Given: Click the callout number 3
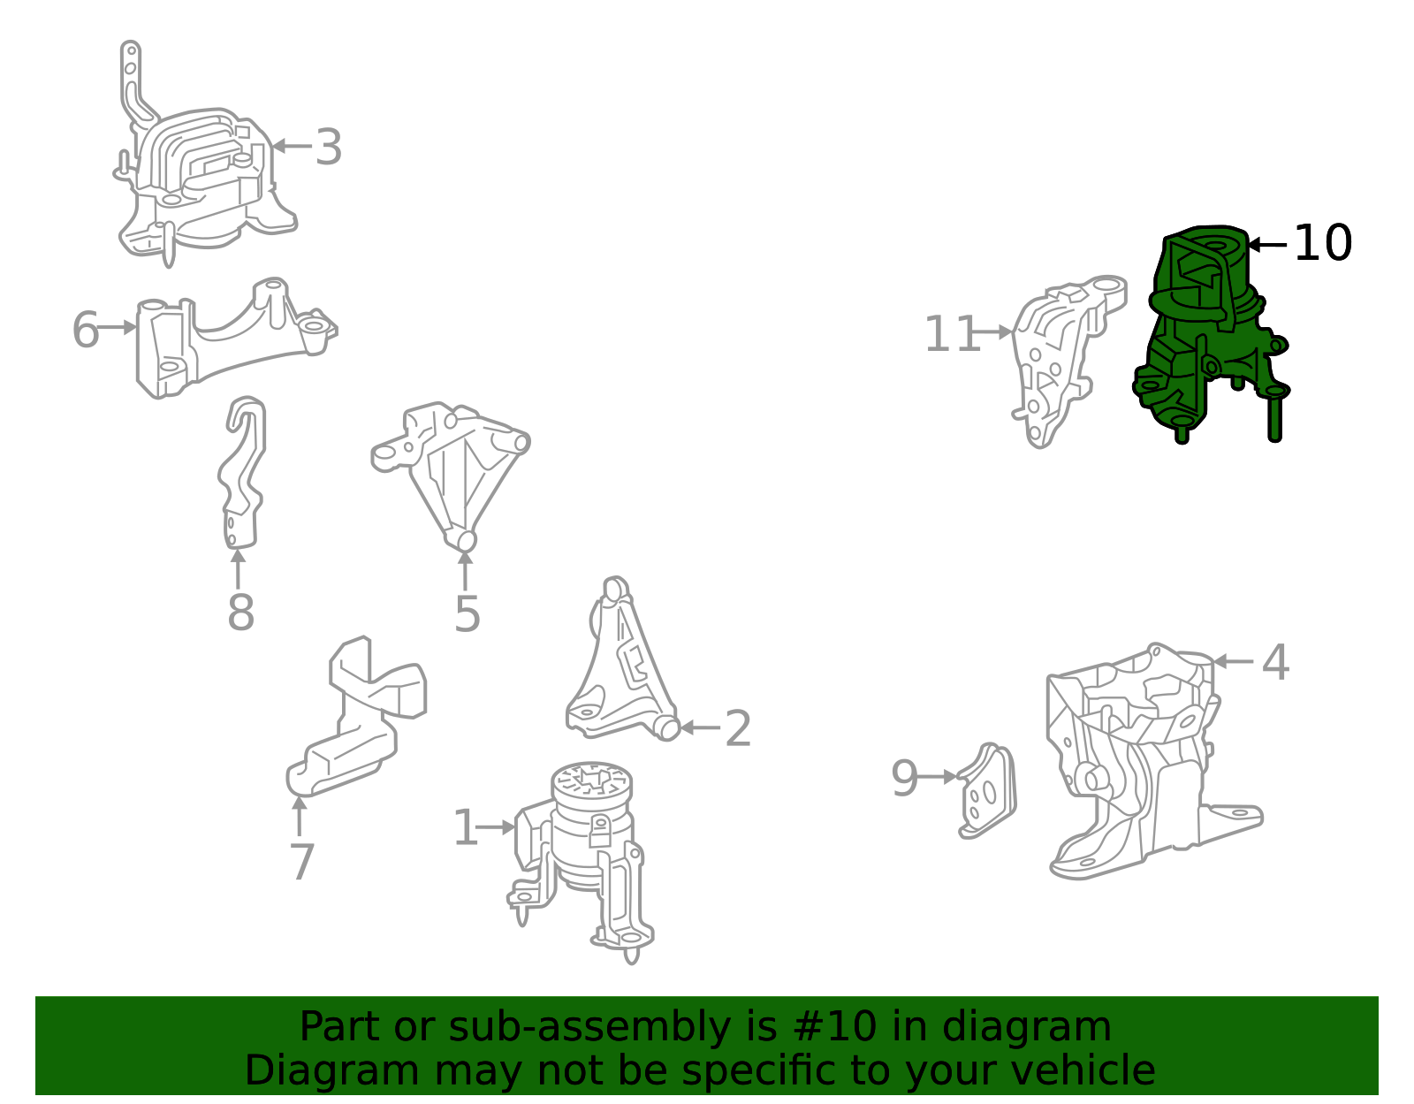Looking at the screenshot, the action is point(329,148).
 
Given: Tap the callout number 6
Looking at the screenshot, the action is point(85,330).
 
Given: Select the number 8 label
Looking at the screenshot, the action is point(240,613).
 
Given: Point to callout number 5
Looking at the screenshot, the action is point(468,614).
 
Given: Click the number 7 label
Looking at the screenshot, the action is point(302,863).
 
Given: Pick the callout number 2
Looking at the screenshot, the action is point(738,729).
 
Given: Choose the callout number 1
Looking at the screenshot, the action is point(465,828).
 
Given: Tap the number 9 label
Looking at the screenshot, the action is point(904,778).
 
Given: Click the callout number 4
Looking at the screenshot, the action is point(1275,662).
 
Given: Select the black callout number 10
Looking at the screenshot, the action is point(1324,243).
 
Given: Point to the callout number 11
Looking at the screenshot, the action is point(952,334).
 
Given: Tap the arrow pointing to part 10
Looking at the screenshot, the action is point(1267,245).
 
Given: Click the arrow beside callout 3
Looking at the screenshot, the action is point(292,146).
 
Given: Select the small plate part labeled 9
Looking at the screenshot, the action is point(988,790).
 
